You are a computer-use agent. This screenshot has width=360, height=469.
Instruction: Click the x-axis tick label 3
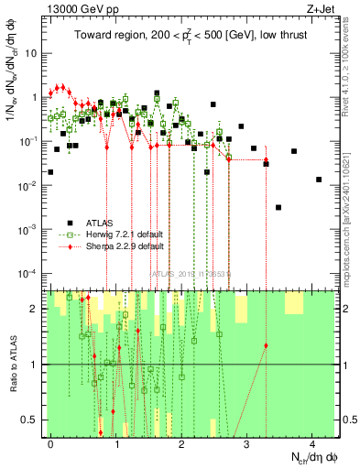(x=246, y=442)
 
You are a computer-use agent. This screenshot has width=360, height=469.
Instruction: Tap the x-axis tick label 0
(x=50, y=442)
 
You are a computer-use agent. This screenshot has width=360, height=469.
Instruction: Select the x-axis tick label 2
(x=181, y=442)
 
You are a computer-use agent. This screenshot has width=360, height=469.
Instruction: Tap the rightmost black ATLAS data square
(x=319, y=180)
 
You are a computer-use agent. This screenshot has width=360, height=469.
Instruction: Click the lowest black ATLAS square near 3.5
(x=278, y=208)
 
